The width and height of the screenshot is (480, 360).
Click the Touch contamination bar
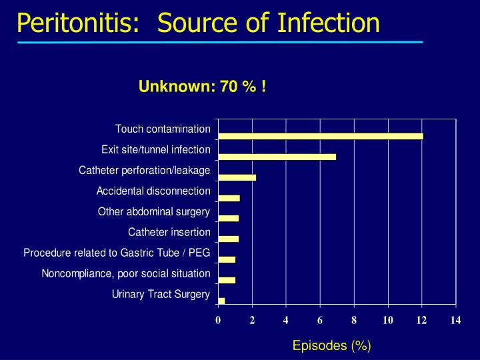(x=320, y=137)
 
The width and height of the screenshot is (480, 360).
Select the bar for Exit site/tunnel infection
(x=277, y=157)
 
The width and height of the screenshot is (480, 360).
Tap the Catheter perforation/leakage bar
(x=237, y=177)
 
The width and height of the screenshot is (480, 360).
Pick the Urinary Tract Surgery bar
(x=221, y=301)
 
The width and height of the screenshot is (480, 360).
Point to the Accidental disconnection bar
(x=229, y=198)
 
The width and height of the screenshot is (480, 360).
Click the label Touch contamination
(x=163, y=129)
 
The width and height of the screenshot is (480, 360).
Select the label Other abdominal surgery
(x=154, y=212)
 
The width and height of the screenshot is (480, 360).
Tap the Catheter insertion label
(x=169, y=233)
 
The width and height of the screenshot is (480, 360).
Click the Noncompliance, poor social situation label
(x=126, y=273)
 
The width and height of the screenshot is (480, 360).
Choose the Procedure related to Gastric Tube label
(x=117, y=253)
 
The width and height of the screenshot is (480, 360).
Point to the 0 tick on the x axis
(x=218, y=321)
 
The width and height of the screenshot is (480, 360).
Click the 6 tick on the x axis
(x=320, y=321)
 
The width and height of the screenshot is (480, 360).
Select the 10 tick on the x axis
(x=388, y=321)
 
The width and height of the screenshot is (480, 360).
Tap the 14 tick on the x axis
(x=456, y=321)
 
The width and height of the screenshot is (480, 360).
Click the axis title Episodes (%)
(x=331, y=345)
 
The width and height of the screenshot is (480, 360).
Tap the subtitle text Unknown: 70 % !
(x=203, y=86)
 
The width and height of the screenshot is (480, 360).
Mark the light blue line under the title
(x=220, y=42)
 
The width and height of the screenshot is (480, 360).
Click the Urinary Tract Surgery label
(x=161, y=294)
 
